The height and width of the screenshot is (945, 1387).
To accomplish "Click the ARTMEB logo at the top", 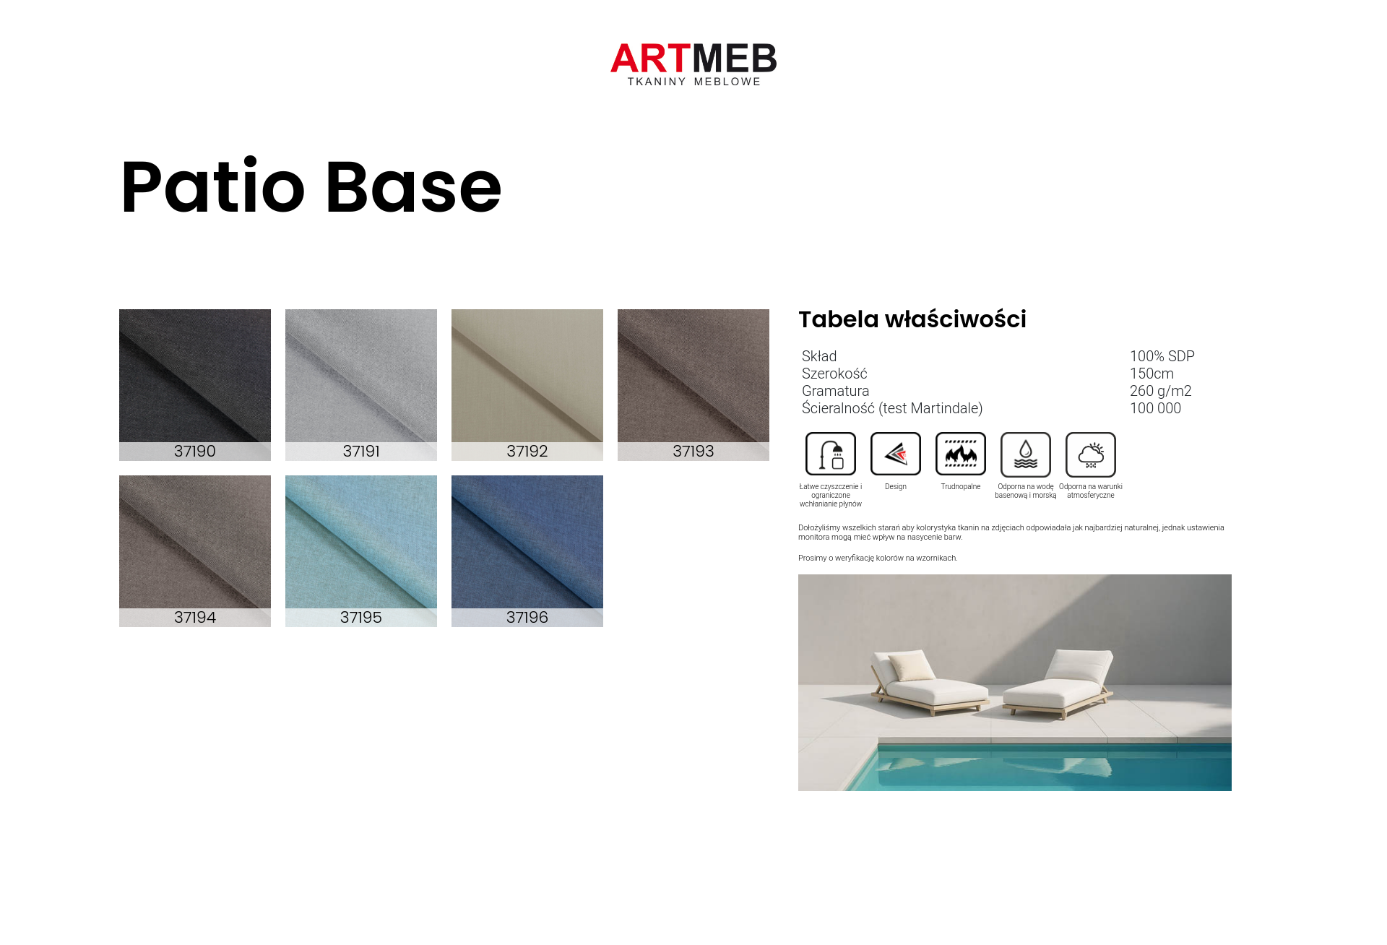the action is [693, 64].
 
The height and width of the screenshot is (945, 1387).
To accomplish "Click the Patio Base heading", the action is [311, 187].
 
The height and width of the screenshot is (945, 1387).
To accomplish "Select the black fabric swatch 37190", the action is [195, 384].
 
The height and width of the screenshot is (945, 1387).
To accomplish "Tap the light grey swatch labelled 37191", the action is [361, 384].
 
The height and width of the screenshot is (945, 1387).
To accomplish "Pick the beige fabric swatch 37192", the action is [527, 384].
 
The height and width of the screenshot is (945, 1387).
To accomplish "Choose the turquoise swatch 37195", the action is [361, 551].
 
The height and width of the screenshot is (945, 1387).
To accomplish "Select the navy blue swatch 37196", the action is [527, 551].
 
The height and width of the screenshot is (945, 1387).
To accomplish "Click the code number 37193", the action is [693, 452].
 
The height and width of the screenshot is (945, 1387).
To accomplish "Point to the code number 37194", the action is [195, 618].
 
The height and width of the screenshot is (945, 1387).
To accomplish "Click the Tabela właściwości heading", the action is [912, 319].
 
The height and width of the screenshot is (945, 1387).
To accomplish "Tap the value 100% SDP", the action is [1162, 356].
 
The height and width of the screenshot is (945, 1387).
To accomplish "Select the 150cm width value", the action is [1152, 374].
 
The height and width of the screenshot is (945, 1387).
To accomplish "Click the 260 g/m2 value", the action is [1161, 391].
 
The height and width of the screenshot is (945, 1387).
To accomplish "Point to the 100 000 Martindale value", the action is [1156, 408].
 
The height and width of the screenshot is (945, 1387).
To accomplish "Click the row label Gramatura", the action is [836, 391].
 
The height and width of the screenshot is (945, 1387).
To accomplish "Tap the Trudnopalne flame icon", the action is [961, 454].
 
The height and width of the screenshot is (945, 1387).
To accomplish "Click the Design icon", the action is [896, 454].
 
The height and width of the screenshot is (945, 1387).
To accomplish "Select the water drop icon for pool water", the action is [1026, 454].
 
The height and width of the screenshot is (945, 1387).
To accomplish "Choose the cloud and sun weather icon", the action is [1091, 454].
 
